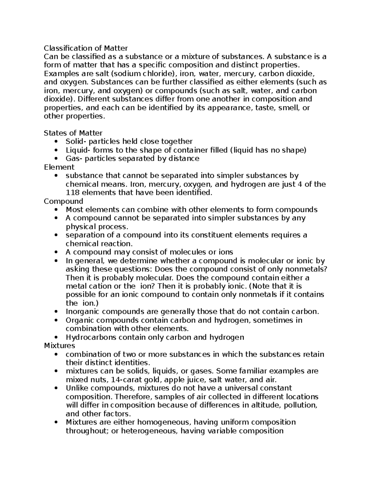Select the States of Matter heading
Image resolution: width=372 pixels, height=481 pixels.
[73, 133]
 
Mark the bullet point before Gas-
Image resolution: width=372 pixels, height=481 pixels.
[56, 159]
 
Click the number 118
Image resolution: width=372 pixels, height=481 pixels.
[72, 193]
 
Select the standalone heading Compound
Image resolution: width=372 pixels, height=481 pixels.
[63, 201]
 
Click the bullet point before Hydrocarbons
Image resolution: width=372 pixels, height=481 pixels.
[56, 337]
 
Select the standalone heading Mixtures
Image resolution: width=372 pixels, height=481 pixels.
[60, 346]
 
